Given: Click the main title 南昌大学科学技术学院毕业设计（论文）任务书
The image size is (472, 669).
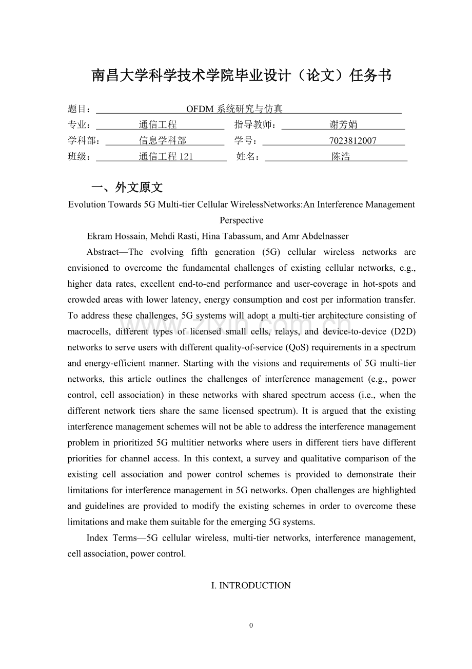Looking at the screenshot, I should point(241,76).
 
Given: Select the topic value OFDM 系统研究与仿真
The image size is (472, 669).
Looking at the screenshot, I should point(234,109).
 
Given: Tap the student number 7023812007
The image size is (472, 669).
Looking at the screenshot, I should point(352,141).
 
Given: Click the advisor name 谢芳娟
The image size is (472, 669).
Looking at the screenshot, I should point(343,125).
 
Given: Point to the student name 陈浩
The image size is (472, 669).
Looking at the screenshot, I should point(341,157).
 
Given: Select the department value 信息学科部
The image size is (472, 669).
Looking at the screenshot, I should point(162,141).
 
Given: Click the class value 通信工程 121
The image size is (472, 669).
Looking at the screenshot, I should point(166,157).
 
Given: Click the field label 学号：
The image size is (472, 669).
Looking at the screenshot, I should point(248,141).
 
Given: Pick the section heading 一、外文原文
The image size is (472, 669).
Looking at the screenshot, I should point(127,188).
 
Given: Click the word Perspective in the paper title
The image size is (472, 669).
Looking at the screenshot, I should point(241,220).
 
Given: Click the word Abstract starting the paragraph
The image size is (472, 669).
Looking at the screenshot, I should point(105,252).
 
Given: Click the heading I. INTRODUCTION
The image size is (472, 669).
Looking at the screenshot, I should point(251,586).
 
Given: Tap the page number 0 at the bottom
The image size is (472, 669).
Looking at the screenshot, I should point(251,625).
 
